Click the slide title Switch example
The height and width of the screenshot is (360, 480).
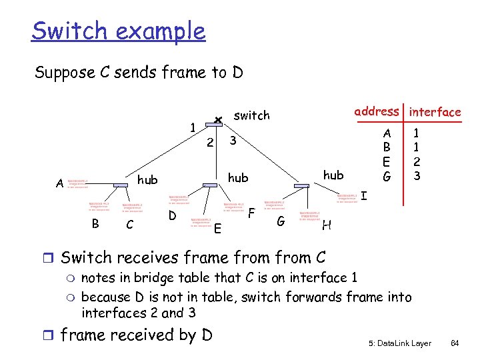[119, 31]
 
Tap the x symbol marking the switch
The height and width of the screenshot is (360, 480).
[217, 120]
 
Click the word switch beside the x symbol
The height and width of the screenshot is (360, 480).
[252, 116]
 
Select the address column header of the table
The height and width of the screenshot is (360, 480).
[377, 111]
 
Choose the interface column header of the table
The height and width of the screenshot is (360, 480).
[435, 112]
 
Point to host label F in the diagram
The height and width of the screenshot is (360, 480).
[251, 213]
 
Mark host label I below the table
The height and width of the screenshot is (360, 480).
[364, 197]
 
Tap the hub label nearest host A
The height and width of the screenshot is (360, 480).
[147, 180]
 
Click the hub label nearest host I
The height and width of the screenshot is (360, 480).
[333, 175]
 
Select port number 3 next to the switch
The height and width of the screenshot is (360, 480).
[233, 141]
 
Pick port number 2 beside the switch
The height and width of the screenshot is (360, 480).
[209, 143]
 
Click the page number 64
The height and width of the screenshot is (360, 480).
[456, 343]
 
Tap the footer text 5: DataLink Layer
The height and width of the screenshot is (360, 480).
[399, 343]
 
